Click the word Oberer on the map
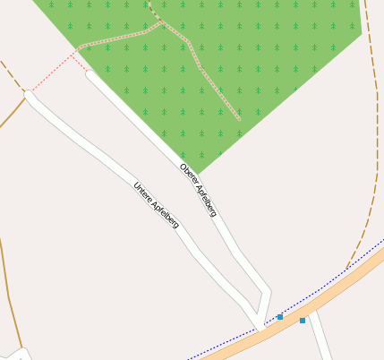[x=187, y=173]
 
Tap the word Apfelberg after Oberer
[x=205, y=198]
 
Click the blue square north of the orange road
[x=280, y=317]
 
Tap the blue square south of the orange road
[x=303, y=321]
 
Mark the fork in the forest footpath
[x=162, y=22]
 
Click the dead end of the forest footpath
[x=239, y=118]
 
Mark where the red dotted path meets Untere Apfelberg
[x=30, y=92]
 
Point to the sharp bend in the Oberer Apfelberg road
[x=267, y=290]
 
